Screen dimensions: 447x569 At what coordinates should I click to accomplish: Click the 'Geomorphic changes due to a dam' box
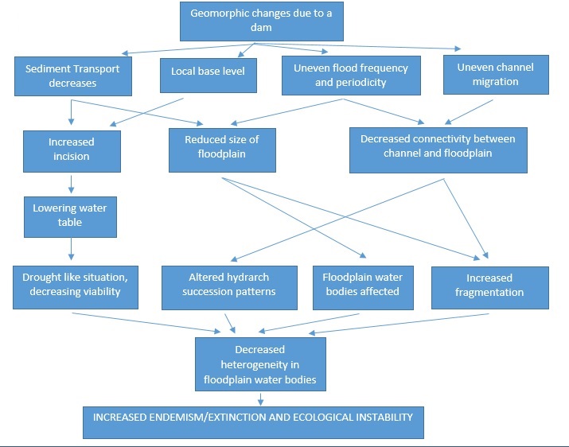(262, 21)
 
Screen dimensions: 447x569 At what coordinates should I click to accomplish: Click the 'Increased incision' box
(72, 149)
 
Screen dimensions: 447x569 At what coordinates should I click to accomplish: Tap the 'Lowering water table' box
(70, 216)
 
